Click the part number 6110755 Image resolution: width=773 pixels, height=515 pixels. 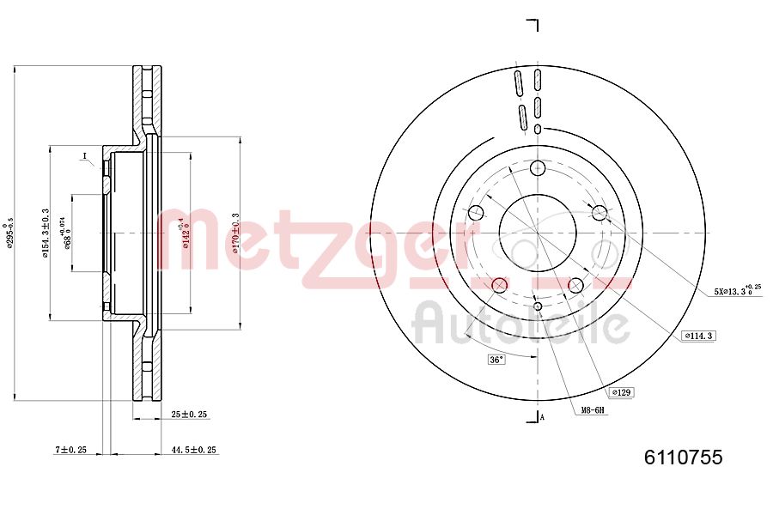tap(684, 457)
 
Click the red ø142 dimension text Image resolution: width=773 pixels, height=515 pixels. tap(183, 233)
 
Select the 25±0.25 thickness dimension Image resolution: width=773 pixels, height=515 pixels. tap(190, 415)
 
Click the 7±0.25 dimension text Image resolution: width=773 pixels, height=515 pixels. tap(71, 450)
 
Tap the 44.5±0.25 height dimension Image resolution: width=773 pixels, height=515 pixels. tap(193, 450)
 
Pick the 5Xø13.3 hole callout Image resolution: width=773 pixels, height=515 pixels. tap(737, 291)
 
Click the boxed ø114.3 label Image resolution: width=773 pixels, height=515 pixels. tap(698, 336)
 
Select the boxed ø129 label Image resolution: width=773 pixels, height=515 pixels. tap(621, 392)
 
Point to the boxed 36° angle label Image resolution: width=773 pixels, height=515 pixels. tap(496, 359)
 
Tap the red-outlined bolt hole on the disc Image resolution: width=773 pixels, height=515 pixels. tap(499, 285)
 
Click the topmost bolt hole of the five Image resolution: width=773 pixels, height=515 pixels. tap(538, 167)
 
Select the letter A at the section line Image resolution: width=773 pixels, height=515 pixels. tap(542, 417)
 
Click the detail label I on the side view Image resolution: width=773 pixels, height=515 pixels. tap(85, 156)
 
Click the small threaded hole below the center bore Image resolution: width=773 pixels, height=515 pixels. tap(538, 306)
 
